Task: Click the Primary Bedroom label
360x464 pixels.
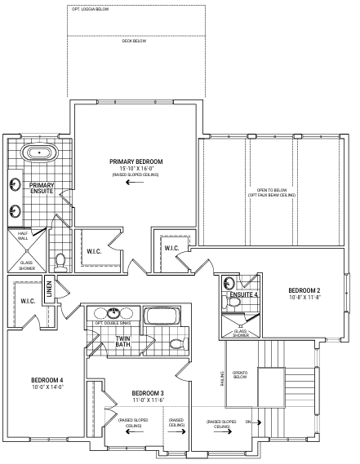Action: point(136,161)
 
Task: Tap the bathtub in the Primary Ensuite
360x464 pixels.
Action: point(40,153)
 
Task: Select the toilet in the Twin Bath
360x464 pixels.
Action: point(179,343)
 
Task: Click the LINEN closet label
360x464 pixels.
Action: point(49,289)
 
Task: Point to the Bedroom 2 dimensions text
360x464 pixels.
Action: point(305,297)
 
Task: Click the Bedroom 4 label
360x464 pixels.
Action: point(47,380)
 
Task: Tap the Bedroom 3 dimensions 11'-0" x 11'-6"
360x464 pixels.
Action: point(149,400)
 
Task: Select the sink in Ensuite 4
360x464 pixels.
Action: point(229,283)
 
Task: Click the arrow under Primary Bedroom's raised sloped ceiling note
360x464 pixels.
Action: point(135,182)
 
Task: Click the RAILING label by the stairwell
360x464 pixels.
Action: point(221,378)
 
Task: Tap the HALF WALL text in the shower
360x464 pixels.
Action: point(23,236)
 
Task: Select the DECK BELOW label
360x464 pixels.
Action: point(134,41)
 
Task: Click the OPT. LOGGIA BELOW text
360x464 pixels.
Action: point(91,9)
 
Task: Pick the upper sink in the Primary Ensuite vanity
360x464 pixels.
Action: point(15,184)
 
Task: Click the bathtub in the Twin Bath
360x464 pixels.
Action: point(162,316)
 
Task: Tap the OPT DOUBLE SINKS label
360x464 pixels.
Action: point(113,323)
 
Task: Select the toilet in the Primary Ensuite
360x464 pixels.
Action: point(61,263)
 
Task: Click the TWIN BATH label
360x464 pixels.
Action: point(122,342)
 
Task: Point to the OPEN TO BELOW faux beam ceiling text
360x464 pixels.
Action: point(272,192)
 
